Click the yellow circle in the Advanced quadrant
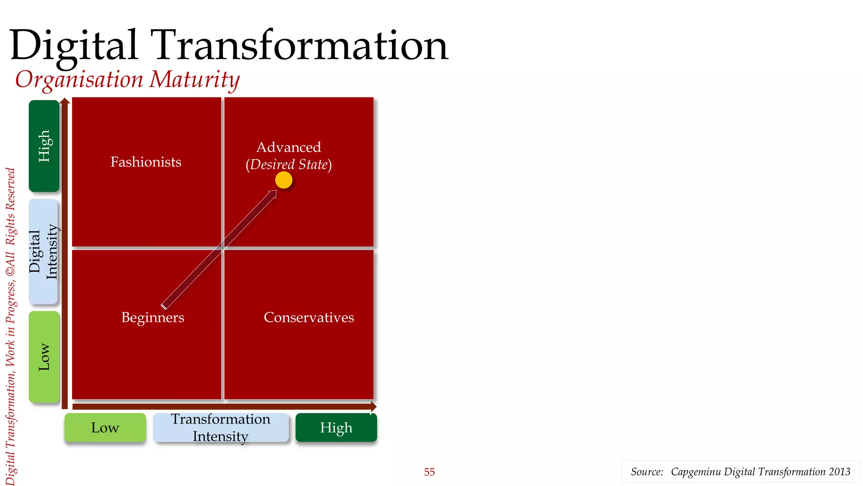tap(284, 180)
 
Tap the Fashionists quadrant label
tap(146, 162)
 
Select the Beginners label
tap(153, 317)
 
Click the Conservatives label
tap(308, 317)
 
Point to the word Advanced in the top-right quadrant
tap(289, 147)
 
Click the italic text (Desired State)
tap(289, 165)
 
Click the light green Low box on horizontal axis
tap(105, 428)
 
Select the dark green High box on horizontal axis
tap(336, 428)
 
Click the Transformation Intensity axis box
tap(220, 428)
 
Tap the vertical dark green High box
tap(44, 146)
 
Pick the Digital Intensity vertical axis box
tap(43, 251)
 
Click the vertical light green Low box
tap(44, 357)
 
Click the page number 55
tap(429, 472)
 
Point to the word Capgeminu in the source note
tap(696, 472)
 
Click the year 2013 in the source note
tap(839, 472)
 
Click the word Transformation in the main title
tap(302, 46)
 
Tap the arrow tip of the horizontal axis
tap(374, 407)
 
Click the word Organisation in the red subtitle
tap(79, 79)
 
